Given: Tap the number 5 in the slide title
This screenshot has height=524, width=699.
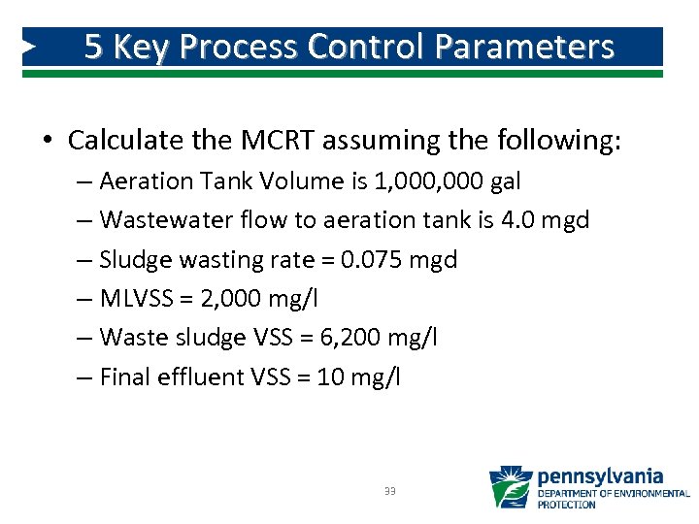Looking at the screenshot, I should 93,47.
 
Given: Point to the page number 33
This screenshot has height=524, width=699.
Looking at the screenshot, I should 389,491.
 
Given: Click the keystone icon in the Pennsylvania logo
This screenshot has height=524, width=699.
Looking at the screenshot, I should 511,487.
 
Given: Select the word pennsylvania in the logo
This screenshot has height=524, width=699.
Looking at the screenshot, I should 600,476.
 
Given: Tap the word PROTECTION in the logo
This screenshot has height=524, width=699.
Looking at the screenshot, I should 567,505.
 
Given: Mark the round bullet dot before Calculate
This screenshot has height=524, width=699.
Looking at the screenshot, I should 48,142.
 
